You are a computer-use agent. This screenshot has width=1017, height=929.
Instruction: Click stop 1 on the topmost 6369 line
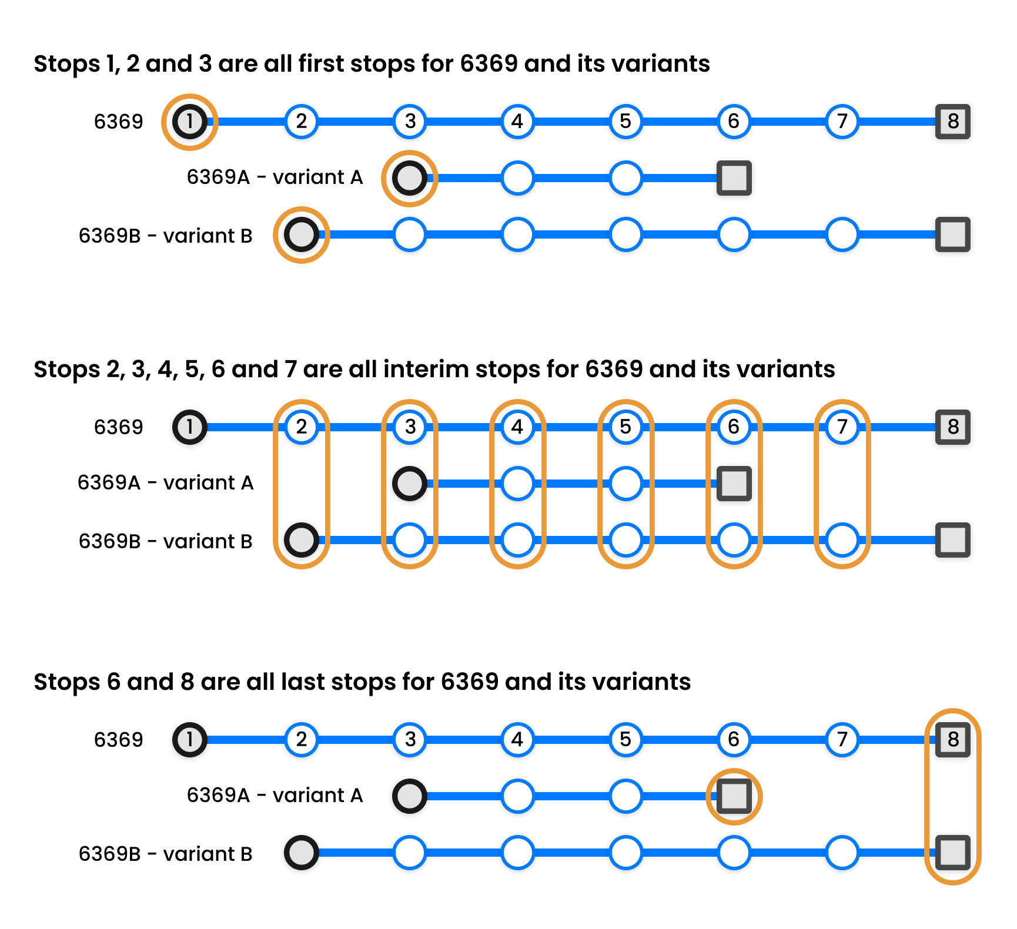(x=189, y=122)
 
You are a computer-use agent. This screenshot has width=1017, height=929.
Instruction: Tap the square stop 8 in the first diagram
(x=952, y=122)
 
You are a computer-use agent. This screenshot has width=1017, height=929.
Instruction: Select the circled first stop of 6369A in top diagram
(x=409, y=178)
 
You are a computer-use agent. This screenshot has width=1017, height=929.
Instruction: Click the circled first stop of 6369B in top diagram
(x=301, y=235)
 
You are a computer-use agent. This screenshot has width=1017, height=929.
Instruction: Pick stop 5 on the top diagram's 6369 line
(x=625, y=122)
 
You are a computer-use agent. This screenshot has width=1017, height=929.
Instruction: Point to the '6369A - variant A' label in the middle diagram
(x=165, y=482)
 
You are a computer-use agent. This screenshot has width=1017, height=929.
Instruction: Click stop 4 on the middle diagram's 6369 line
(x=517, y=427)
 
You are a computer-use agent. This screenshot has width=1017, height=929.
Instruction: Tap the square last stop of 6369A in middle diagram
(x=734, y=483)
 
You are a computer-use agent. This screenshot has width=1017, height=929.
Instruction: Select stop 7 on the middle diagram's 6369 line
(x=842, y=427)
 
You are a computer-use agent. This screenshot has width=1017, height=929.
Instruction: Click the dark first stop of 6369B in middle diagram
(x=301, y=540)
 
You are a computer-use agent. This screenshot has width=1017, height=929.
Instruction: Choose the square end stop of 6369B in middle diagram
(x=952, y=540)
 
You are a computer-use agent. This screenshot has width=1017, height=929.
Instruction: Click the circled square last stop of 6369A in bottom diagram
(x=734, y=796)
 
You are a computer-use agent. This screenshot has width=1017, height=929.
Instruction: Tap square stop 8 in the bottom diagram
(x=952, y=739)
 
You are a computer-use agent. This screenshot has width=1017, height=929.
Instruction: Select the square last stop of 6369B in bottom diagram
(x=952, y=853)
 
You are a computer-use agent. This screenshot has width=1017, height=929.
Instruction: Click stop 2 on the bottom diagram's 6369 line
(x=301, y=739)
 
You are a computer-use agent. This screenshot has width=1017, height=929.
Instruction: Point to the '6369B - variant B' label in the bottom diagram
(x=165, y=854)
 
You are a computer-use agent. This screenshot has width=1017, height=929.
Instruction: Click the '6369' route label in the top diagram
(x=118, y=122)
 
